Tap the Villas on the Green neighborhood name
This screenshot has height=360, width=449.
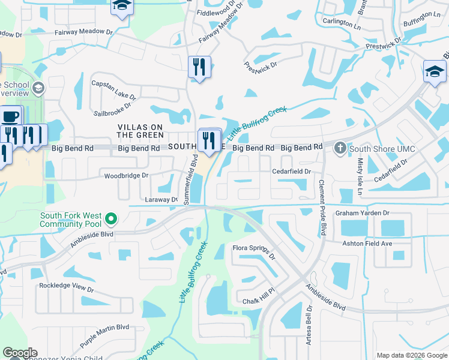pyautogui.click(x=140, y=131)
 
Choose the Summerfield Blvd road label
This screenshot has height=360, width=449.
pyautogui.click(x=194, y=172)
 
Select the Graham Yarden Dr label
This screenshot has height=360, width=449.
pyautogui.click(x=363, y=212)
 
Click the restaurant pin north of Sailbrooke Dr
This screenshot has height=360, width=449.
pyautogui.click(x=199, y=67)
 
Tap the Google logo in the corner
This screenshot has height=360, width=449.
pyautogui.click(x=19, y=353)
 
